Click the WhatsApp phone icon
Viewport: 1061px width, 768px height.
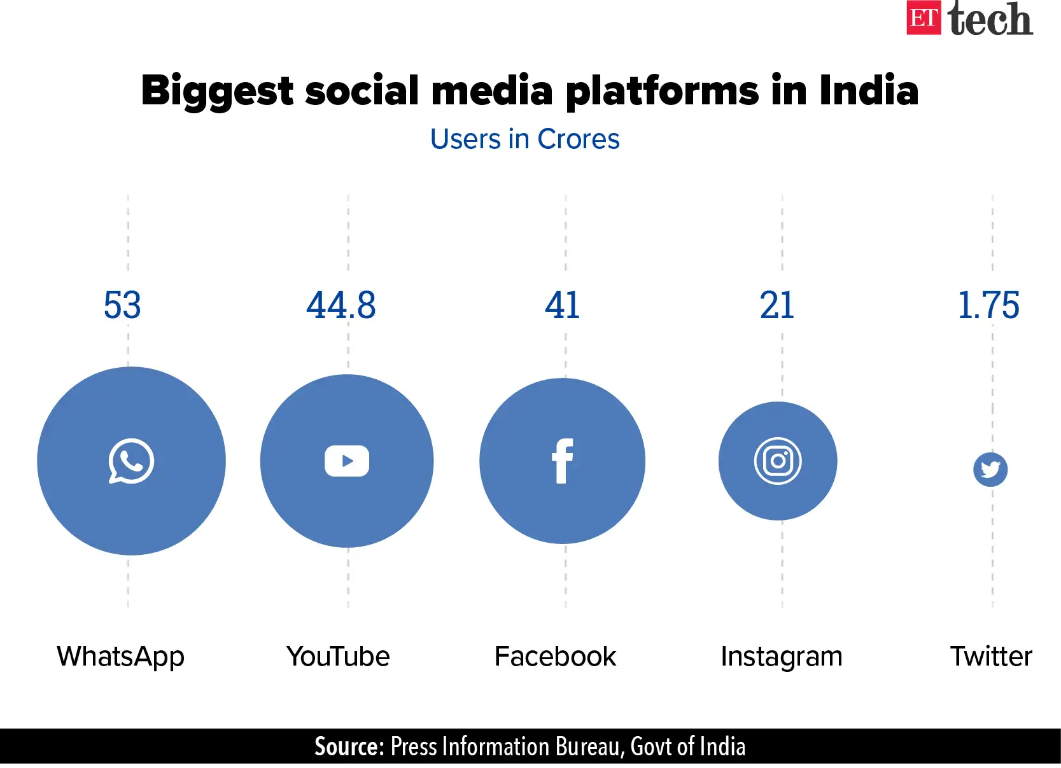point(131,461)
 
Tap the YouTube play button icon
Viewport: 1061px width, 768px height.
point(347,461)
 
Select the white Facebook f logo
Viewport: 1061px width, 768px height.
point(562,461)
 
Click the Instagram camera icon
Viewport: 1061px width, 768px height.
point(778,461)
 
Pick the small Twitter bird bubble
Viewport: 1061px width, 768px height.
point(990,470)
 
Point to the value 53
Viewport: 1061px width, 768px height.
point(122,305)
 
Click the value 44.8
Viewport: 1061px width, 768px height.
point(341,305)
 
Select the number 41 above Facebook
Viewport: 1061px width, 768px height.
point(562,305)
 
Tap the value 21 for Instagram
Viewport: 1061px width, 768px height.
point(777,305)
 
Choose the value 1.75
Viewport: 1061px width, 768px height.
point(988,305)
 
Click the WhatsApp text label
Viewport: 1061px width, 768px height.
point(120,657)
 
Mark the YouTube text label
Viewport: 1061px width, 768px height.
point(338,657)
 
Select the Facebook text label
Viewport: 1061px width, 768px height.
point(555,657)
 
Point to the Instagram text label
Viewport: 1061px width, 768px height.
point(781,657)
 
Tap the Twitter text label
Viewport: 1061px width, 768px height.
point(991,657)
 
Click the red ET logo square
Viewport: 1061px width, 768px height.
point(924,18)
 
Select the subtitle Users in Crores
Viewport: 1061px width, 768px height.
point(524,139)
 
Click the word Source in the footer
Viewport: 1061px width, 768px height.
point(349,746)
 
